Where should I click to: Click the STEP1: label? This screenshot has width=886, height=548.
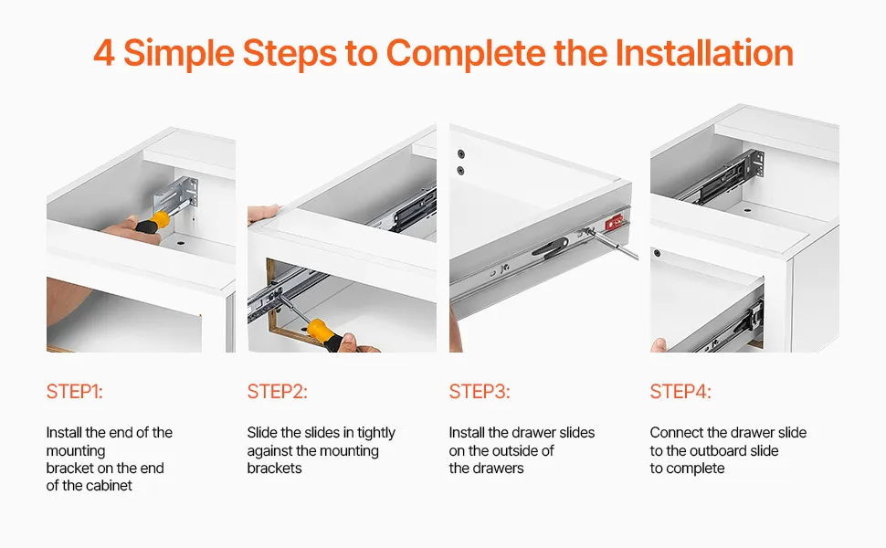(75, 392)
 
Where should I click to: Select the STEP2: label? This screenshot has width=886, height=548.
(278, 392)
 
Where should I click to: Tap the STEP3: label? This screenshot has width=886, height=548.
(480, 392)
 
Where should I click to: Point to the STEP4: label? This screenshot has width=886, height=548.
(680, 392)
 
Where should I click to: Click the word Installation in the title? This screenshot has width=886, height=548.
(704, 53)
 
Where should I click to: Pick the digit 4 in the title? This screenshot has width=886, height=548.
(104, 53)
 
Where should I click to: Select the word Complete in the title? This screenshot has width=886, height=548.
(466, 54)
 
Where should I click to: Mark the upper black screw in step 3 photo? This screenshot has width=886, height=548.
(461, 153)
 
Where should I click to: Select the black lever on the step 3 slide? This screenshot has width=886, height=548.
(550, 248)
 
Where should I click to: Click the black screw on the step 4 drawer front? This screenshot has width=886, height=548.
(657, 253)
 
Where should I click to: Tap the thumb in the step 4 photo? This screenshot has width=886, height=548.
(659, 344)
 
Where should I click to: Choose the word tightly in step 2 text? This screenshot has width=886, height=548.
(376, 433)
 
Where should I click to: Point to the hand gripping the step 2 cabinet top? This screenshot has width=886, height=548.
(263, 214)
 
